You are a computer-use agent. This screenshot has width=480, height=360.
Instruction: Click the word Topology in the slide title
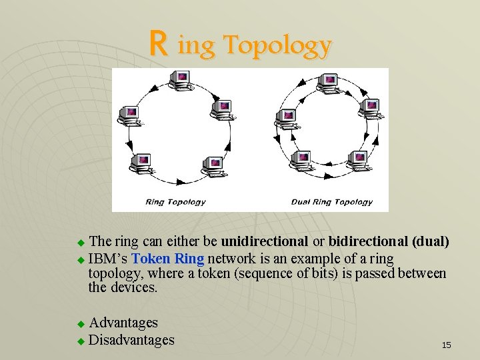pos(277,45)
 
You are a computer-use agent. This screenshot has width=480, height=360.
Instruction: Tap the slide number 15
pos(447,345)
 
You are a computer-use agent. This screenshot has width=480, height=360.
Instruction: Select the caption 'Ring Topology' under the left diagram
pos(176,201)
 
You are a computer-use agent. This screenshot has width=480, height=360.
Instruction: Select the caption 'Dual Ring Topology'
pos(331,201)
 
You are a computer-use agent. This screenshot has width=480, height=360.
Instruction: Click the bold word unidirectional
pos(265,241)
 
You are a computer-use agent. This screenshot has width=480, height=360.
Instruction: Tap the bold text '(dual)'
pos(431,241)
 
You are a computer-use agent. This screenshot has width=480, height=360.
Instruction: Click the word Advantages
pos(123,323)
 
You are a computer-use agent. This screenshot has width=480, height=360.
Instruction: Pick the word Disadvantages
pos(131,340)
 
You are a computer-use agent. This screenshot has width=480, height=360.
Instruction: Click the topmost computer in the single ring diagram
pos(181,81)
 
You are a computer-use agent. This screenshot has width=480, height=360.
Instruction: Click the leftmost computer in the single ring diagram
pos(129,115)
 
